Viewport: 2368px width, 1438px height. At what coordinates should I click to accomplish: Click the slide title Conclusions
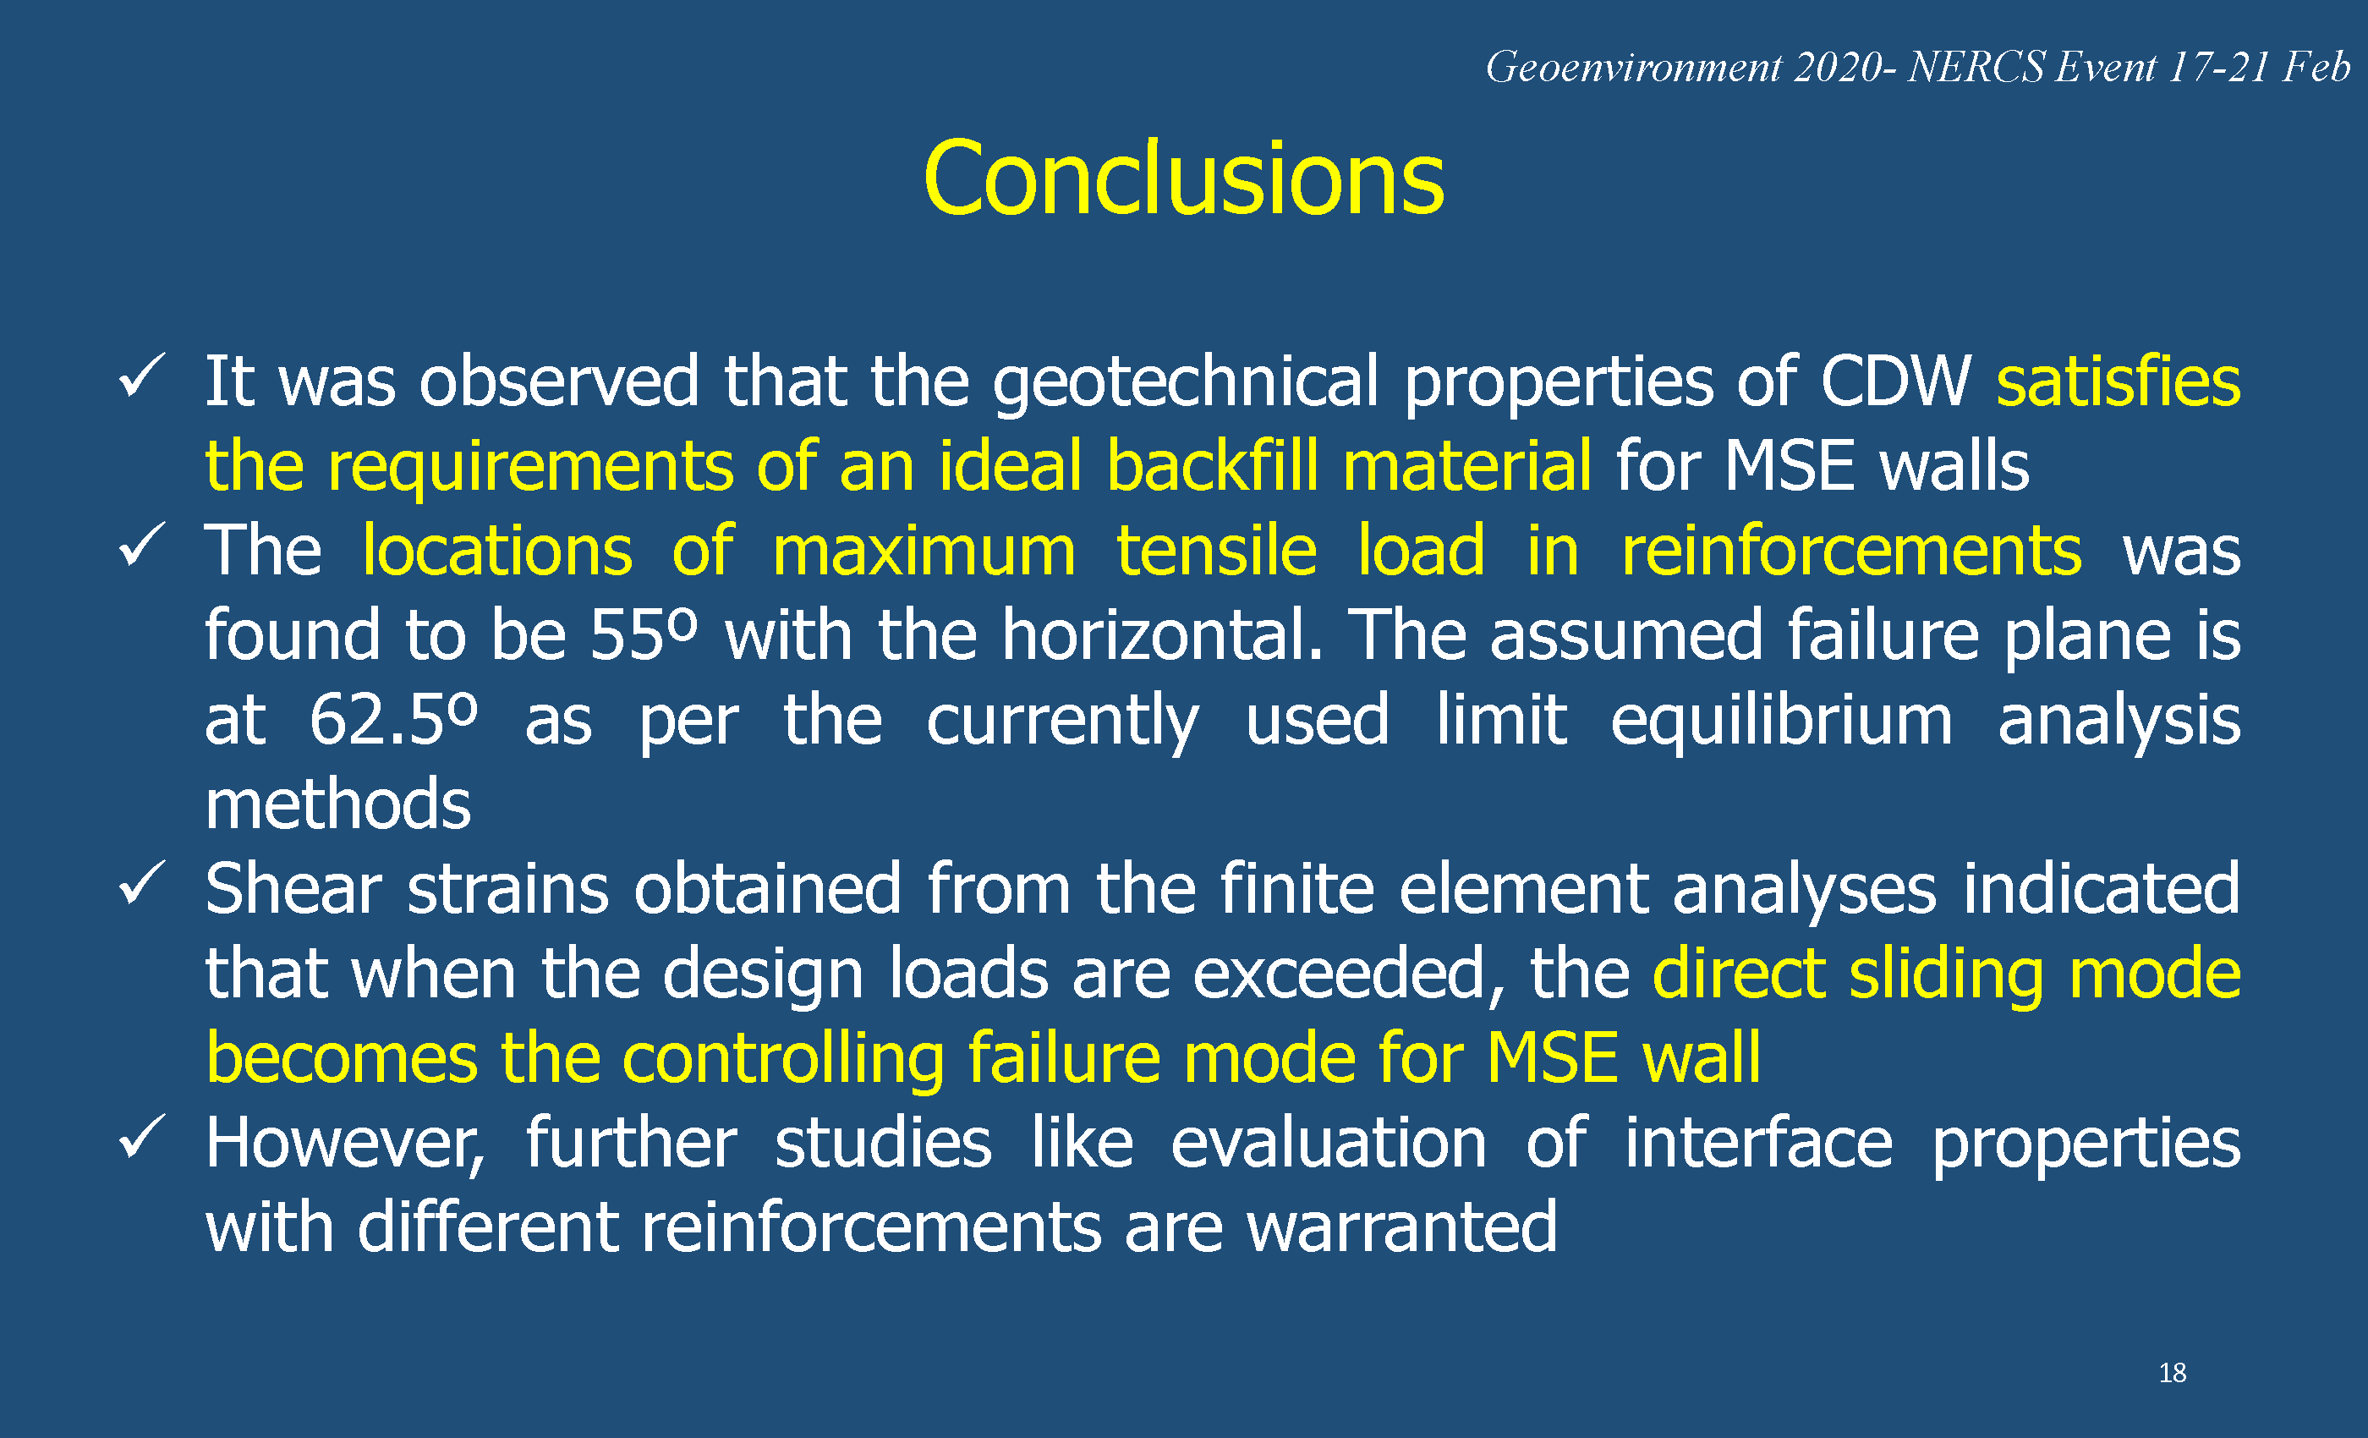1183,178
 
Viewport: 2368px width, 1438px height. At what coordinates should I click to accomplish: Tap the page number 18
2172,1373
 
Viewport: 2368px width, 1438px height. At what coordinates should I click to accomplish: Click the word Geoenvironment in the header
1634,68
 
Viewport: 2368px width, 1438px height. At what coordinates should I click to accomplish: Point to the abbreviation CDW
1895,381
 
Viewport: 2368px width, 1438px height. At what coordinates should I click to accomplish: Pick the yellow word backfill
1212,466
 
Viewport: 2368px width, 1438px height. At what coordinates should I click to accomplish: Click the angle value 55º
643,634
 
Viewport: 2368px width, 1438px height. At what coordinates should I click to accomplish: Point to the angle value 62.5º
393,719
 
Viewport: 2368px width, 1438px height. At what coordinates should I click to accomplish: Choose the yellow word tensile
1216,551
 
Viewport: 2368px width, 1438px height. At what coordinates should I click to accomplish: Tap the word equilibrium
1781,721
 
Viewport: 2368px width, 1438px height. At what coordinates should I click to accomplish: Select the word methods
338,804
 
